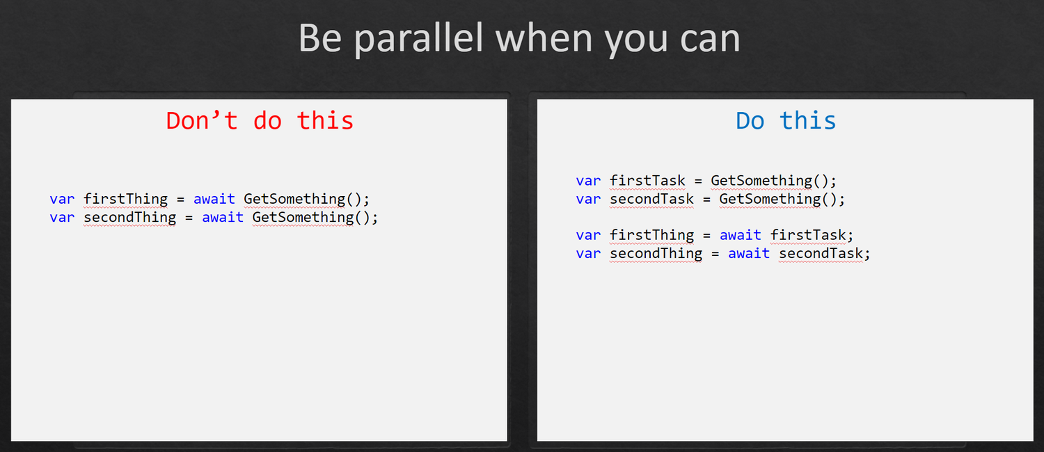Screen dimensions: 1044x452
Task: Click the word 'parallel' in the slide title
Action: pos(418,39)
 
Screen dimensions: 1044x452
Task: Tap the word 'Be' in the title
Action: pos(320,38)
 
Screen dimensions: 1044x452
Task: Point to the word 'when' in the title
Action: pos(544,38)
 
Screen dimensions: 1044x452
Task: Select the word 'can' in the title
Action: pos(710,42)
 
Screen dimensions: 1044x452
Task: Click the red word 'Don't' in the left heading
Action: pos(202,120)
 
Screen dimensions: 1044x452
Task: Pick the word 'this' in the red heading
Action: pos(325,120)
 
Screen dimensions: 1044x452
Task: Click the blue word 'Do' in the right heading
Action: pos(750,121)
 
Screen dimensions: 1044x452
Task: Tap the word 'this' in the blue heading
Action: pos(807,120)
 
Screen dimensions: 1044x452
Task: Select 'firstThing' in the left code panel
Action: pos(125,200)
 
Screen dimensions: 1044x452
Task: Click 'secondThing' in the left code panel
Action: pos(129,218)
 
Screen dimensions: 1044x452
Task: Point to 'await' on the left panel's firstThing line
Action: pos(214,200)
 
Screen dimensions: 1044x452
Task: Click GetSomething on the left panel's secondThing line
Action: pos(303,218)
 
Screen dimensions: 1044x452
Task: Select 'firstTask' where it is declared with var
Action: pos(647,181)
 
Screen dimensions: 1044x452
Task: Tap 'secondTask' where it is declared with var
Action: pos(651,200)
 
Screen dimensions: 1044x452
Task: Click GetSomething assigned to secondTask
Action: pos(770,200)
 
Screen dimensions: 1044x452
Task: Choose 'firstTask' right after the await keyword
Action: pos(807,235)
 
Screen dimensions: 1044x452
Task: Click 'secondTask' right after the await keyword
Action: pos(821,254)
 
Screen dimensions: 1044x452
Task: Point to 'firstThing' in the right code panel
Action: pos(651,235)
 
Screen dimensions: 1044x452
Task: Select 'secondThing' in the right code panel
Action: pos(656,254)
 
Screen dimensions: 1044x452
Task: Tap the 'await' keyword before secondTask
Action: pos(748,254)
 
